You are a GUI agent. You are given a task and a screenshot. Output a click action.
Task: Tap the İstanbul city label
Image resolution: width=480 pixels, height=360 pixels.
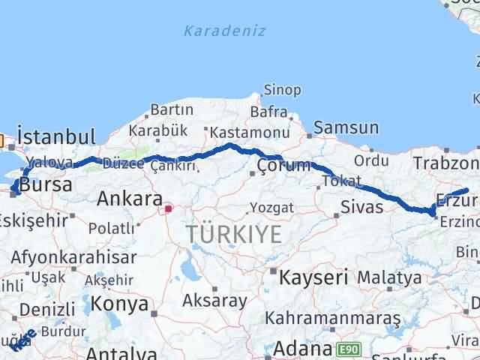[56, 137]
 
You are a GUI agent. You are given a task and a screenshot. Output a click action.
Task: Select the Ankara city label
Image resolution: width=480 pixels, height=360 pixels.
[130, 199]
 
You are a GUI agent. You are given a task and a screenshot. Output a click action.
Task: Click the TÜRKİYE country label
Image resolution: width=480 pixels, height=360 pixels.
[235, 235]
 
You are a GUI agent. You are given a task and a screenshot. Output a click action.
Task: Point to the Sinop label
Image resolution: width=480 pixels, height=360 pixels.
[283, 91]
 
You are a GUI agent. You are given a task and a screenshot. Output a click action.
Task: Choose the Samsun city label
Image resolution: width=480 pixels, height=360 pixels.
[346, 128]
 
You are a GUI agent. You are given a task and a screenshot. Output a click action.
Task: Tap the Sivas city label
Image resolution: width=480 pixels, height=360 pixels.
[361, 206]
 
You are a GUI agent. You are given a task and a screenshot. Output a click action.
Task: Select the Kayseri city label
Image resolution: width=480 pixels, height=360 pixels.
[313, 277]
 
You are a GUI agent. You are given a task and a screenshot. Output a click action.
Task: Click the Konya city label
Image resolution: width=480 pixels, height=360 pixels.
[119, 303]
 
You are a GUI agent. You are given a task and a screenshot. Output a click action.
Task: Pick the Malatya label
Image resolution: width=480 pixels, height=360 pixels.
[388, 277]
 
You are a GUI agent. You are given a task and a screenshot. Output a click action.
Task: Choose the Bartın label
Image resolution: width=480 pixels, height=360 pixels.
[172, 110]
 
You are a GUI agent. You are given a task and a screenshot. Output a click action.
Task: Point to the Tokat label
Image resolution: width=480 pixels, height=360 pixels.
[337, 181]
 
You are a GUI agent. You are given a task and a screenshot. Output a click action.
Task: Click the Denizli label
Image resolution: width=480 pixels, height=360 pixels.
[47, 309]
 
